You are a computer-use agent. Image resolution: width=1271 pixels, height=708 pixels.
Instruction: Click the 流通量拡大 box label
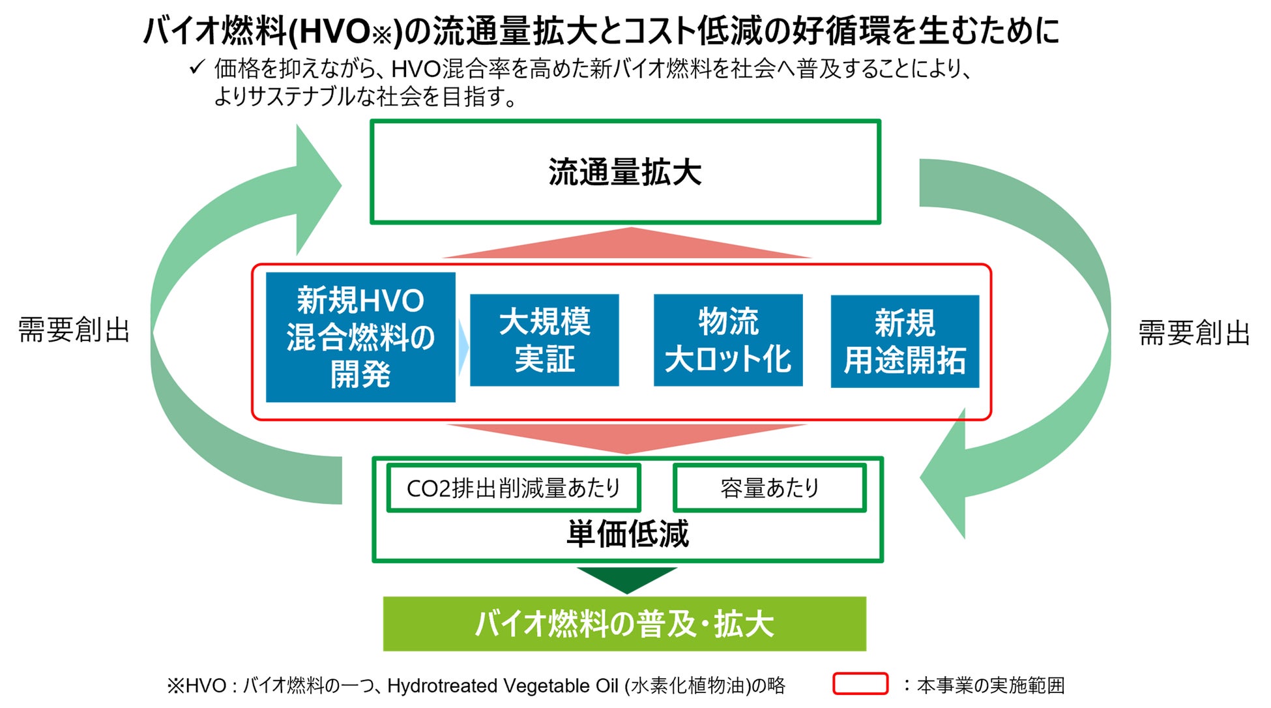pyautogui.click(x=624, y=173)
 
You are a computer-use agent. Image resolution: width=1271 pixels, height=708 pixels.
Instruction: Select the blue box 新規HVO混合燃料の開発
pyautogui.click(x=360, y=337)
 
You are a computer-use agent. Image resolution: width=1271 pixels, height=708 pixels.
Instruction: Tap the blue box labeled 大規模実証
pyautogui.click(x=544, y=340)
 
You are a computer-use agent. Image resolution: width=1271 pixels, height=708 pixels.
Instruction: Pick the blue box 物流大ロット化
pyautogui.click(x=727, y=340)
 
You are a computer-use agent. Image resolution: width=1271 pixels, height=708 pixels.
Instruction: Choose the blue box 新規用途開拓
pyautogui.click(x=905, y=341)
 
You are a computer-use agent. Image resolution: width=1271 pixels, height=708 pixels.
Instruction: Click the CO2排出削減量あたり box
pyautogui.click(x=513, y=488)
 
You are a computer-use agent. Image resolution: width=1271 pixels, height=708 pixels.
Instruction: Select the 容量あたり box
pyautogui.click(x=769, y=488)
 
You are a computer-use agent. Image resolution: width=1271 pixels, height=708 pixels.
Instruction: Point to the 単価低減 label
pyautogui.click(x=627, y=534)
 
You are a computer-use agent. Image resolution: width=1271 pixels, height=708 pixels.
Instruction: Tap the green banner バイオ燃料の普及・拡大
pyautogui.click(x=624, y=624)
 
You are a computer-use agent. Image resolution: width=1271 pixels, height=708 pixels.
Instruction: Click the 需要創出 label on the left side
pyautogui.click(x=74, y=330)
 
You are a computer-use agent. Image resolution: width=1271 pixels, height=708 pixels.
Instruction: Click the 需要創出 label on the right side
pyautogui.click(x=1193, y=332)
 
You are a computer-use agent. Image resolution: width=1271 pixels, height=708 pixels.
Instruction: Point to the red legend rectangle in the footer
pyautogui.click(x=860, y=684)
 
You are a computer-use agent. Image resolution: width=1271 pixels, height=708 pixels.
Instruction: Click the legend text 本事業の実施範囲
pyautogui.click(x=991, y=685)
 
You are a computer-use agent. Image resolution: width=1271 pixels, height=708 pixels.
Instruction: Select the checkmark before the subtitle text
pyautogui.click(x=197, y=67)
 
